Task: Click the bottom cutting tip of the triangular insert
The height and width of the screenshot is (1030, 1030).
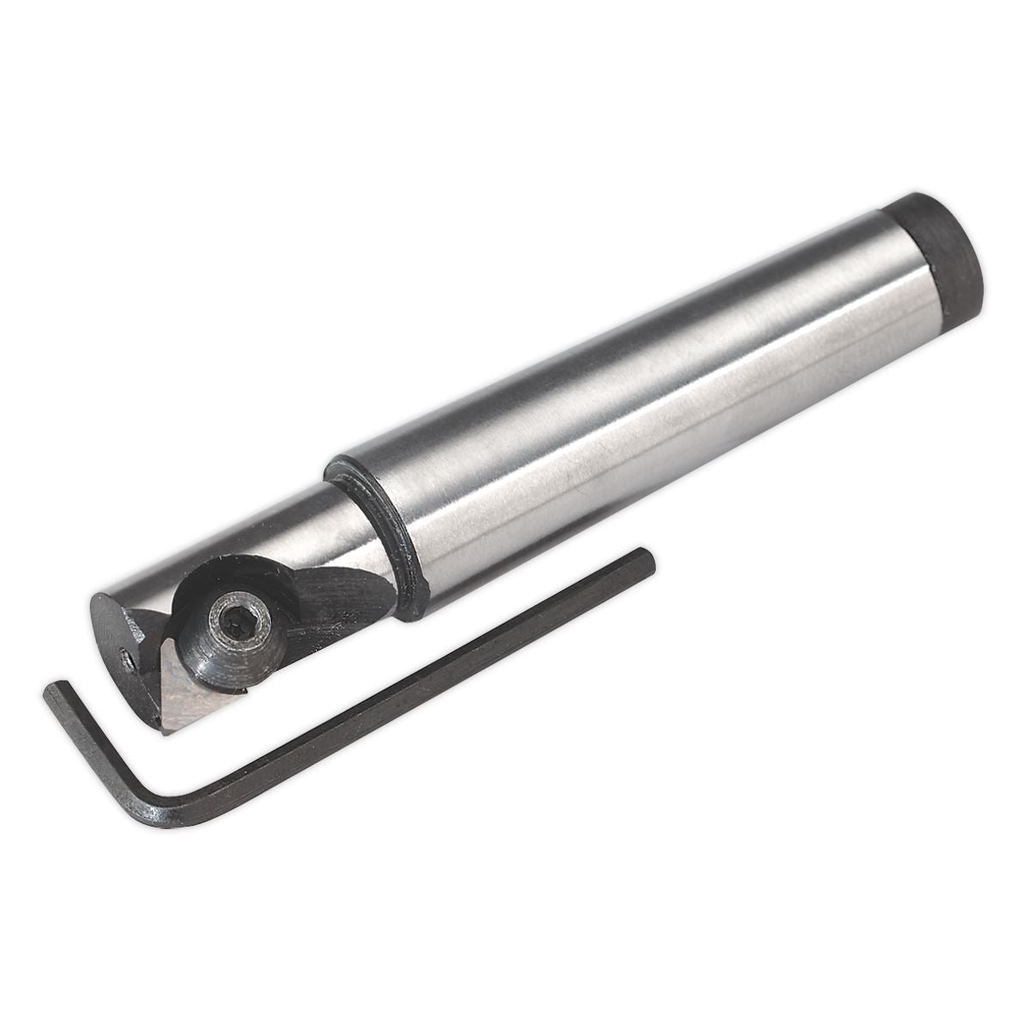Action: tap(162, 731)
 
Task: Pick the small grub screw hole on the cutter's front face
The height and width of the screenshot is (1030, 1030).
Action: tap(126, 662)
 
